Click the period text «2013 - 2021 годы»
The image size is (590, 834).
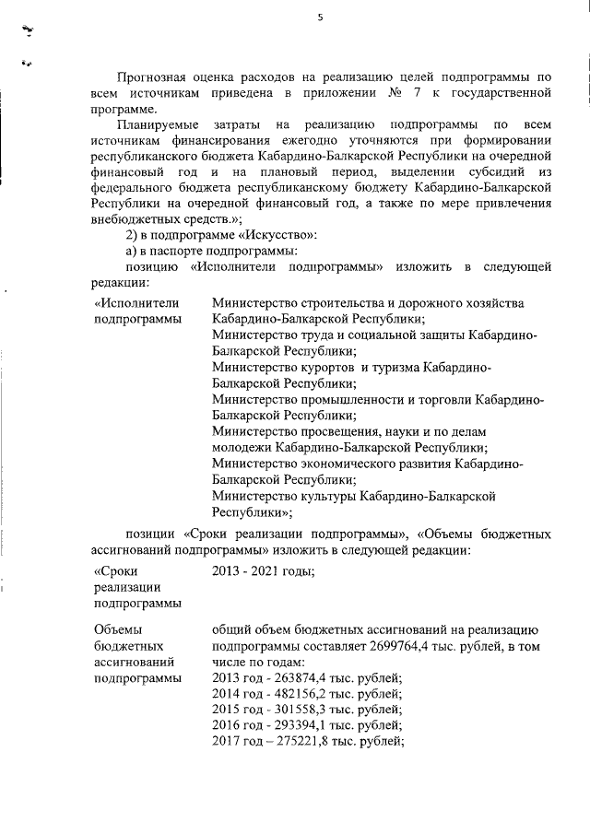pyautogui.click(x=263, y=570)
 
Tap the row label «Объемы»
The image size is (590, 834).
pyautogui.click(x=117, y=629)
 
